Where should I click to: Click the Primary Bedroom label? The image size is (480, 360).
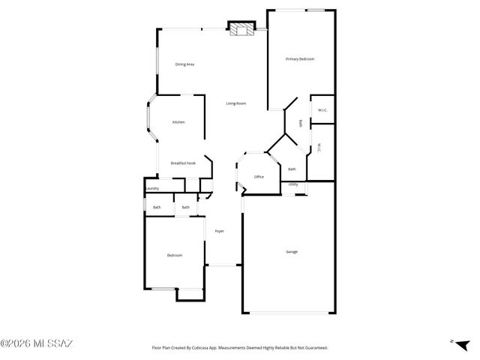pyautogui.click(x=299, y=58)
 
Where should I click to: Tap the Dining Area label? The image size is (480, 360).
pyautogui.click(x=185, y=64)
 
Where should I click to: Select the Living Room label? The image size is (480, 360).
pyautogui.click(x=236, y=103)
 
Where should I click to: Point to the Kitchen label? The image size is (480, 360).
pyautogui.click(x=178, y=122)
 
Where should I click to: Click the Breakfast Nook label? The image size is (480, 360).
pyautogui.click(x=183, y=163)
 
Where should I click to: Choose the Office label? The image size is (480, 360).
pyautogui.click(x=259, y=177)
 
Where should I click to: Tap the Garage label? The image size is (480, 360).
pyautogui.click(x=292, y=251)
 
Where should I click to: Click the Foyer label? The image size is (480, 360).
pyautogui.click(x=220, y=231)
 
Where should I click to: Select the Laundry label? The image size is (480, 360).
pyautogui.click(x=152, y=188)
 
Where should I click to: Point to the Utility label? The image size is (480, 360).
pyautogui.click(x=293, y=184)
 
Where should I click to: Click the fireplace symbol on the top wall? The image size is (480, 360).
pyautogui.click(x=242, y=30)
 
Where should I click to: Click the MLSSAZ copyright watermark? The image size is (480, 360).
pyautogui.click(x=36, y=344)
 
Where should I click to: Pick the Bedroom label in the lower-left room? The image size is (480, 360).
pyautogui.click(x=174, y=256)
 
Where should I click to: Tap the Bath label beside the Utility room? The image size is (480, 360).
pyautogui.click(x=292, y=169)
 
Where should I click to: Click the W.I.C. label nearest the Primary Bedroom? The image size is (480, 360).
pyautogui.click(x=322, y=111)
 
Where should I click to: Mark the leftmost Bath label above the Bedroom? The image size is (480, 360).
pyautogui.click(x=157, y=207)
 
